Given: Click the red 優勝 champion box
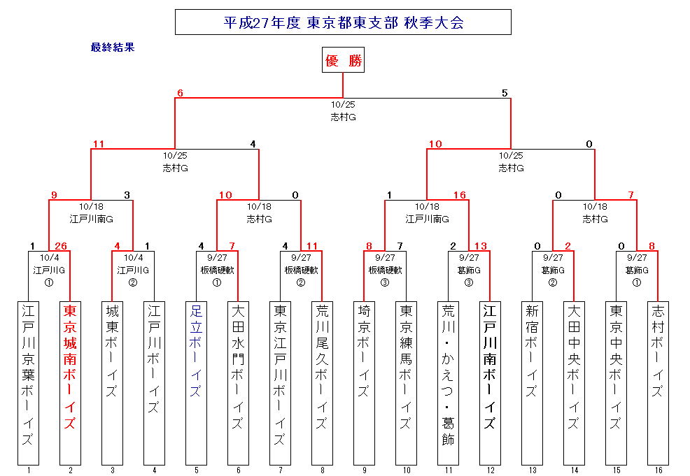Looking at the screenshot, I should click(343, 61).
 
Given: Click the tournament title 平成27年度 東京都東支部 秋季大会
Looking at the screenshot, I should click(343, 22).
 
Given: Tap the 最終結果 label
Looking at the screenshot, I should click(112, 48).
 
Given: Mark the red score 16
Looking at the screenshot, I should click(460, 195).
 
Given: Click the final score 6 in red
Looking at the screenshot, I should click(180, 93).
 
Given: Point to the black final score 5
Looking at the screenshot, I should click(505, 93).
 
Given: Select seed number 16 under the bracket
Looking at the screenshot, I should click(658, 470).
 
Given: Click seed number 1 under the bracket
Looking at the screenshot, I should click(28, 470).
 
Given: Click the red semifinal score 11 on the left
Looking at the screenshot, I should click(98, 145).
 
